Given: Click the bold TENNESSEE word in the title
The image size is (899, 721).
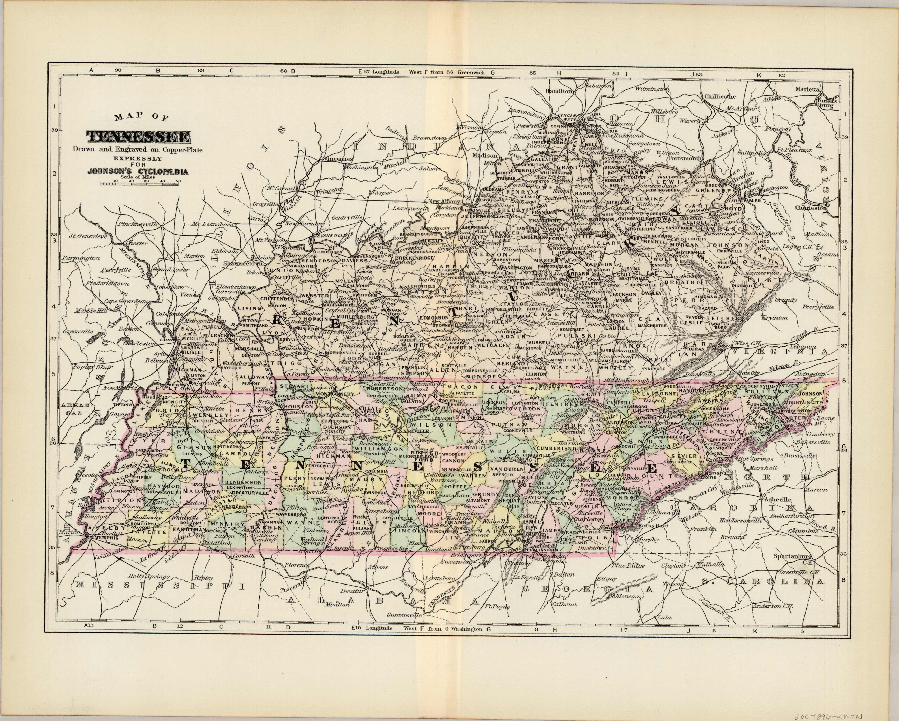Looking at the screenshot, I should [138, 136].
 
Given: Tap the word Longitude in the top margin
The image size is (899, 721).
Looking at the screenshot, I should [386, 72].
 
